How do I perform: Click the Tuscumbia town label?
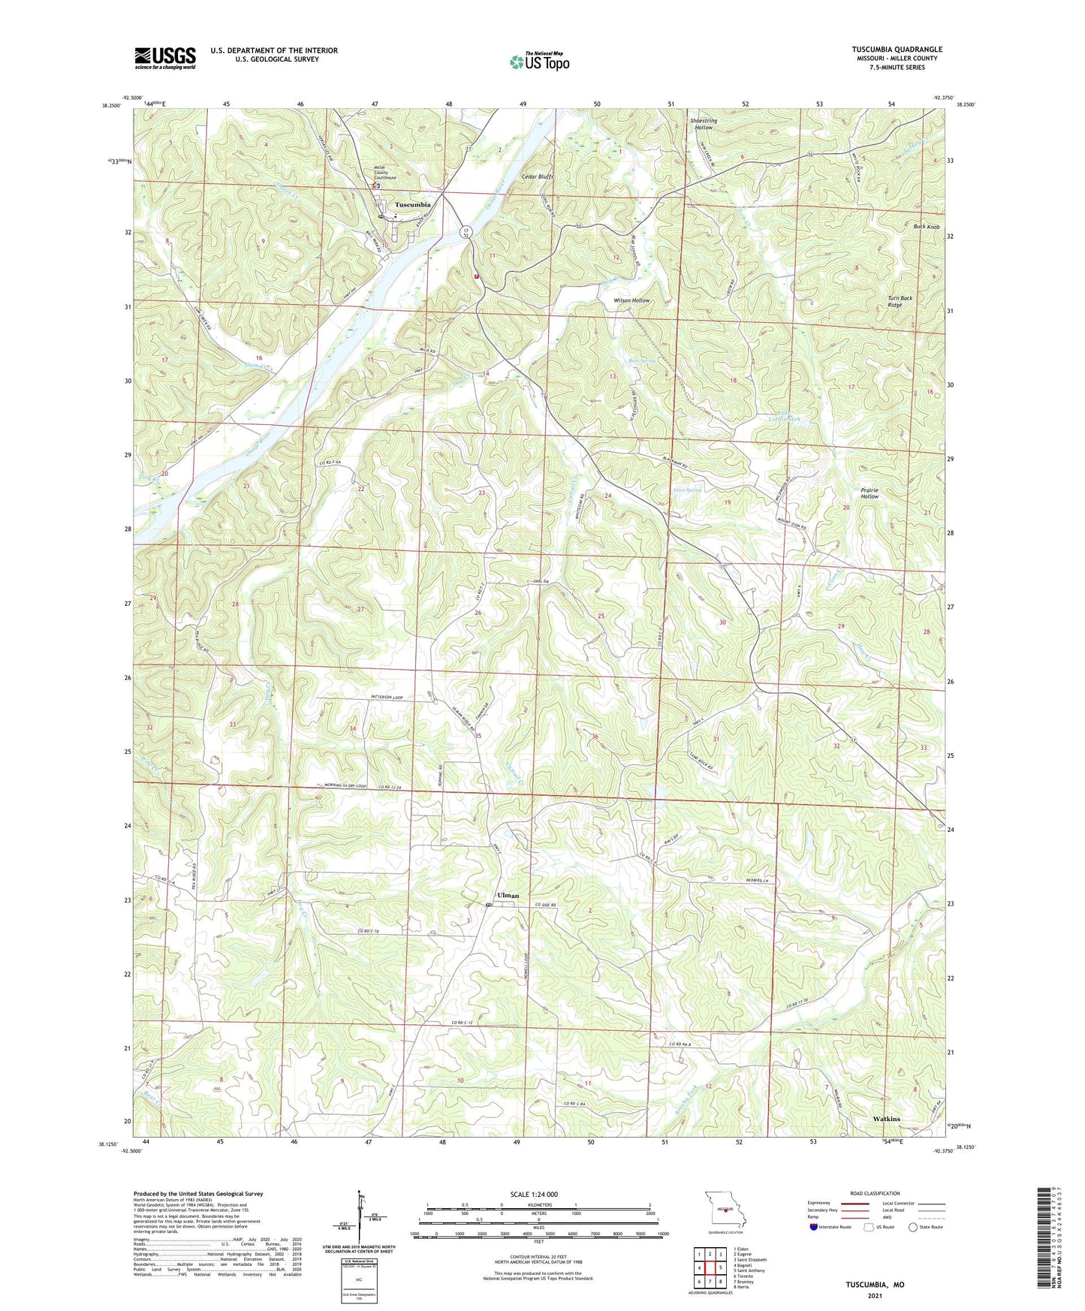[x=413, y=204]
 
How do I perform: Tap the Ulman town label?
[x=508, y=895]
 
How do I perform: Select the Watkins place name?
[x=887, y=1118]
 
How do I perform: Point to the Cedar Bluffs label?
[x=538, y=177]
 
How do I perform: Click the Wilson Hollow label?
[x=631, y=300]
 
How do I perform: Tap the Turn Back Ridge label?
[x=900, y=301]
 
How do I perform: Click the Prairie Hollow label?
[x=870, y=493]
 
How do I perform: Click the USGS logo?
[x=165, y=57]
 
